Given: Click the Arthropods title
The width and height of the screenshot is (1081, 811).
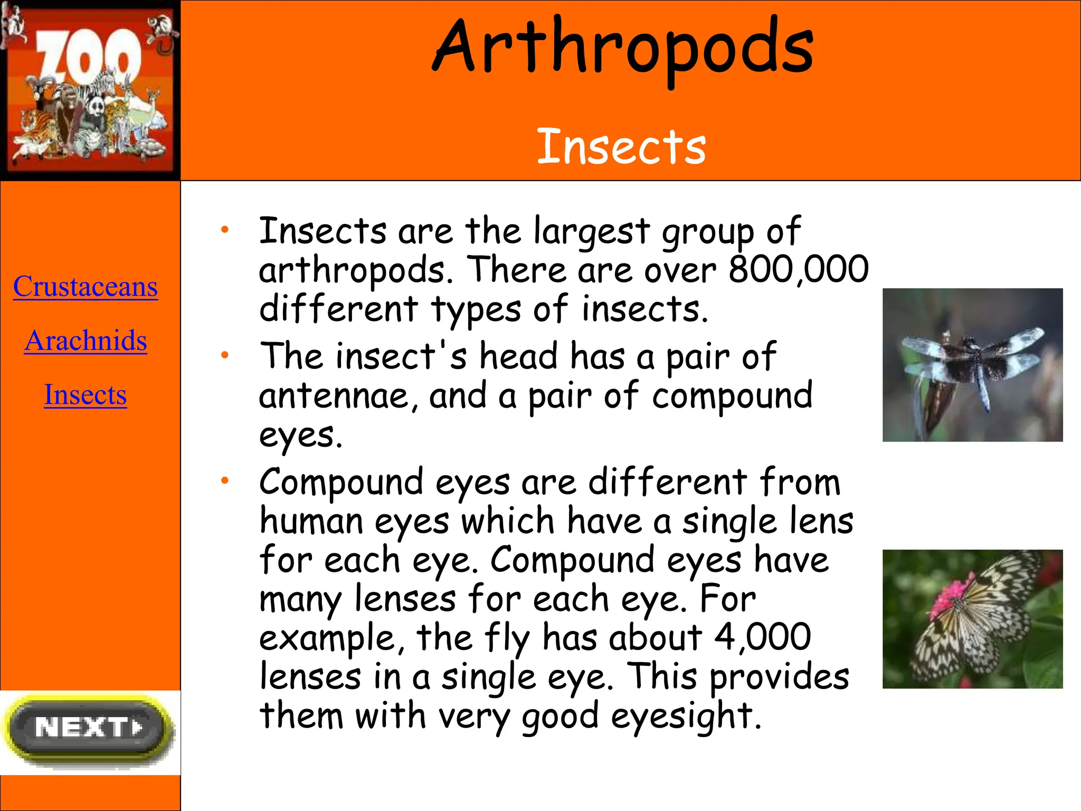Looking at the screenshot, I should coord(623,48).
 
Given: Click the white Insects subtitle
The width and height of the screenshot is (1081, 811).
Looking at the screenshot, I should coord(621,147).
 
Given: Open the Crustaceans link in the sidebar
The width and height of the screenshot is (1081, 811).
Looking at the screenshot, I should coord(86,287).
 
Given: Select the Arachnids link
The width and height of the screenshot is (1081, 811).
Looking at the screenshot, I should coord(86,341).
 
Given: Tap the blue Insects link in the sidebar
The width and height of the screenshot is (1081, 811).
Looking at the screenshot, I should coord(86,395).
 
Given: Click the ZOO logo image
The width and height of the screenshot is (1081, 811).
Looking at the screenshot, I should coord(90,90).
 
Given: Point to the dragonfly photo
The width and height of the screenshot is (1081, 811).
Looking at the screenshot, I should coord(972,365).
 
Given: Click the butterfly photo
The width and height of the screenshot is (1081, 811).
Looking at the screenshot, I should coord(972,619).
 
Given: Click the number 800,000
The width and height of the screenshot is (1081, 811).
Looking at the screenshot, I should coord(798,269).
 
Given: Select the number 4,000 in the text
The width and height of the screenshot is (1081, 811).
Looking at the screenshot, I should coord(762,637).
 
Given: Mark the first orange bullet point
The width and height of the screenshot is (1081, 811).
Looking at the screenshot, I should coord(225,230).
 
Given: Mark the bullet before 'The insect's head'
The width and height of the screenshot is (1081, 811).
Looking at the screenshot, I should coord(225,355).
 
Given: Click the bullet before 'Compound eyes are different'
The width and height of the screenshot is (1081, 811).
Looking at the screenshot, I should coord(225,480).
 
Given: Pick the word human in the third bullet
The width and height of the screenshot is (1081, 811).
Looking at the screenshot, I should coord(311,522).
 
